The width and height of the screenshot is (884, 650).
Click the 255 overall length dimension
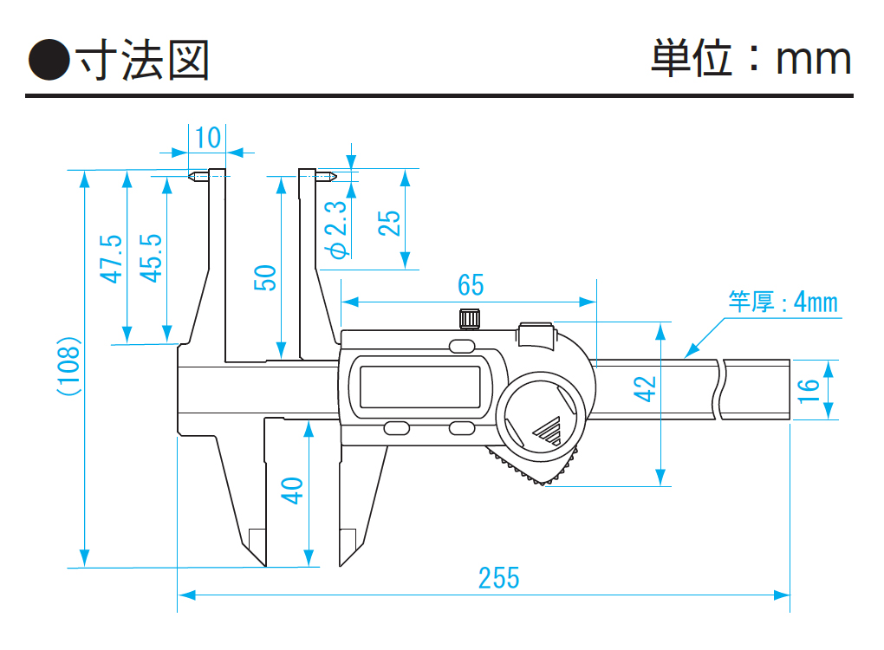[498, 578]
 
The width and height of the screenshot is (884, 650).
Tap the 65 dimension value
[471, 284]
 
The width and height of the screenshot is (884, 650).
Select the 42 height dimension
[645, 389]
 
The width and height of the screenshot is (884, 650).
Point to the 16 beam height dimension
[808, 390]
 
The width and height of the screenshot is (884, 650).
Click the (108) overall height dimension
[69, 367]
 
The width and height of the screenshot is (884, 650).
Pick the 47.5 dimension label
[111, 259]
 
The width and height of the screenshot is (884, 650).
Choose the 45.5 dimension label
[151, 258]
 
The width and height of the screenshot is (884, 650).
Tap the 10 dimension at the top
[207, 138]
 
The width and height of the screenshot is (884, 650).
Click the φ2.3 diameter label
[338, 230]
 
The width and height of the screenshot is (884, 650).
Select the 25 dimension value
[388, 224]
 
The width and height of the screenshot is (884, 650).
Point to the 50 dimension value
[265, 277]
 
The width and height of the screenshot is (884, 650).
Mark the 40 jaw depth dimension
[292, 491]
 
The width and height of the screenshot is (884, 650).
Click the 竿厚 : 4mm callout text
[783, 302]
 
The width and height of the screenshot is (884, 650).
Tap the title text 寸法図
[143, 60]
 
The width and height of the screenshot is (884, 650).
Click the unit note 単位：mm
[751, 58]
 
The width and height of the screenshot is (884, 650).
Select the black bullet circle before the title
[49, 60]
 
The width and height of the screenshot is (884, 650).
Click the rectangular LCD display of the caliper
[420, 387]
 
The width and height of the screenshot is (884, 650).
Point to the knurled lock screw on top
[470, 319]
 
